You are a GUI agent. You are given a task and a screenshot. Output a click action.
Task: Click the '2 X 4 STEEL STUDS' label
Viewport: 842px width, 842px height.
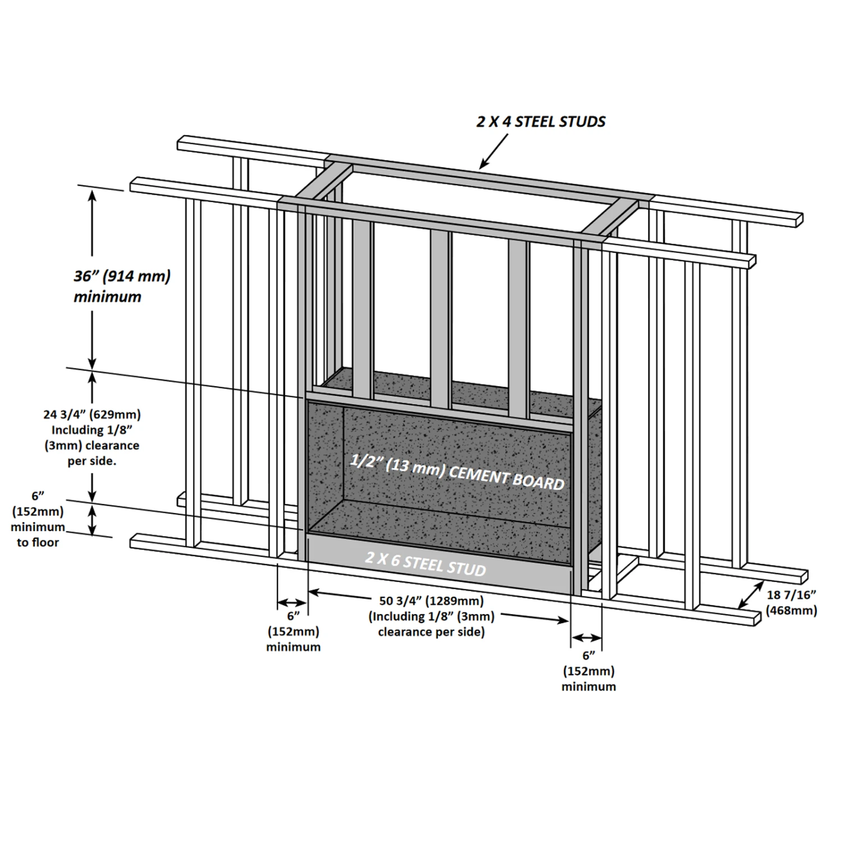tap(541, 122)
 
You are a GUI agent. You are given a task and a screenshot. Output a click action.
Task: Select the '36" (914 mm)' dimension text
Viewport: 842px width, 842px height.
tap(122, 277)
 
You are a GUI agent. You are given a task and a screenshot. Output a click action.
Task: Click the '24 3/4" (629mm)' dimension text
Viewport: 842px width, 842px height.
tap(92, 415)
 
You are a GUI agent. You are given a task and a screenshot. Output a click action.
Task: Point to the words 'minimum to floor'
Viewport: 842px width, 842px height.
tap(38, 535)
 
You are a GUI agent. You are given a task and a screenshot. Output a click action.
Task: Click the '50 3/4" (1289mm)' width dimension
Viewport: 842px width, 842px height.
tap(431, 601)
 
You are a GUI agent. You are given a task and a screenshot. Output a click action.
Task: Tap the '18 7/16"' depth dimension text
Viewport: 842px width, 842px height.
tap(791, 595)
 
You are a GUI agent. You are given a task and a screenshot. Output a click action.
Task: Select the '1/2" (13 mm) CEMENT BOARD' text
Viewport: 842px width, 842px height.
tap(456, 473)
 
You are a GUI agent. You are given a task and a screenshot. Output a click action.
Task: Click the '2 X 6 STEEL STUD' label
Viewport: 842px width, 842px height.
tap(425, 563)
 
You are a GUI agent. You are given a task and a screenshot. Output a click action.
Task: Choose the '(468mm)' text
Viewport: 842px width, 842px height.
tap(791, 610)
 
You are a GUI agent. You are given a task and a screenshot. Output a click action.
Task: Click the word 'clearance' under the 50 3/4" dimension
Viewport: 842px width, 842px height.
tap(406, 632)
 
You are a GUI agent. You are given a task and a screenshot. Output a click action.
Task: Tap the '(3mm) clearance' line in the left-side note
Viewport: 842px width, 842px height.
tap(92, 446)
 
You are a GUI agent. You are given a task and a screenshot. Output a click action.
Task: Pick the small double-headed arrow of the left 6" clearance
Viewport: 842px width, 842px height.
tap(292, 602)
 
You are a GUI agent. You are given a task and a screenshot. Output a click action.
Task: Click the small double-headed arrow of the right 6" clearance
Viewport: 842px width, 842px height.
tap(587, 638)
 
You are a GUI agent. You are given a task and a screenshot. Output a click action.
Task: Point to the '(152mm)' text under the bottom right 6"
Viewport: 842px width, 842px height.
tap(588, 671)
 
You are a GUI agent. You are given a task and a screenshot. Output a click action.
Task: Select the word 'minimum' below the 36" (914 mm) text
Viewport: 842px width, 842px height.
tap(107, 297)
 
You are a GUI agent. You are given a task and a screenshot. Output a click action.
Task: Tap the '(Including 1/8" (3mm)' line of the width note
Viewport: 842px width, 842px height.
tap(431, 616)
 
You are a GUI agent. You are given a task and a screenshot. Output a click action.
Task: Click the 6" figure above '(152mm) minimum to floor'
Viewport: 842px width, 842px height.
tap(38, 496)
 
